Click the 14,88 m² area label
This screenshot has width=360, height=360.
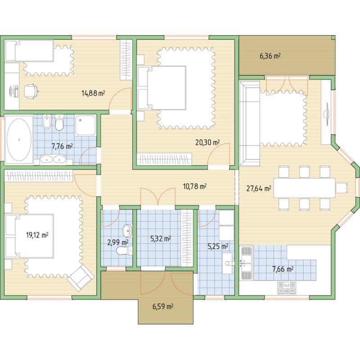pos(93,93)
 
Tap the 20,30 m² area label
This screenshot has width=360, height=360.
pos(207,142)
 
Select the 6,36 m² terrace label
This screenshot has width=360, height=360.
pos(270,56)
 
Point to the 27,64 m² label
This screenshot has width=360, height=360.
pos(259,189)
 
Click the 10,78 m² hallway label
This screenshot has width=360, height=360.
pos(195,186)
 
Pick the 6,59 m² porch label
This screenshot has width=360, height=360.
pos(163,306)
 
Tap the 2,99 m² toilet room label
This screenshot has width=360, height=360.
pos(118,242)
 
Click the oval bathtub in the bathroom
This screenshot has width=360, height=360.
pos(19,139)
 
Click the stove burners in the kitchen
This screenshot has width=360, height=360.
pos(287,288)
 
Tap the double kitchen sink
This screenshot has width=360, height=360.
pos(246,263)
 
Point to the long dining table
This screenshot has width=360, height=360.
pos(305,188)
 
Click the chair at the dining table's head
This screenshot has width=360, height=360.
pos(342,188)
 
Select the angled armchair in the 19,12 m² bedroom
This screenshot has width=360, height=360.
pos(81,278)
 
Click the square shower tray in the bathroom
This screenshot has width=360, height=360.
pos(85,125)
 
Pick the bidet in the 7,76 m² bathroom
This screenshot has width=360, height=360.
pos(47,121)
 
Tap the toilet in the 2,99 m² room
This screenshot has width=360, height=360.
pos(124,251)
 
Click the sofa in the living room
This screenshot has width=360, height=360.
pos(250,123)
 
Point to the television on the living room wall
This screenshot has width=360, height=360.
pos(327,114)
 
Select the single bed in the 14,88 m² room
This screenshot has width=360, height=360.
pos(29,51)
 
